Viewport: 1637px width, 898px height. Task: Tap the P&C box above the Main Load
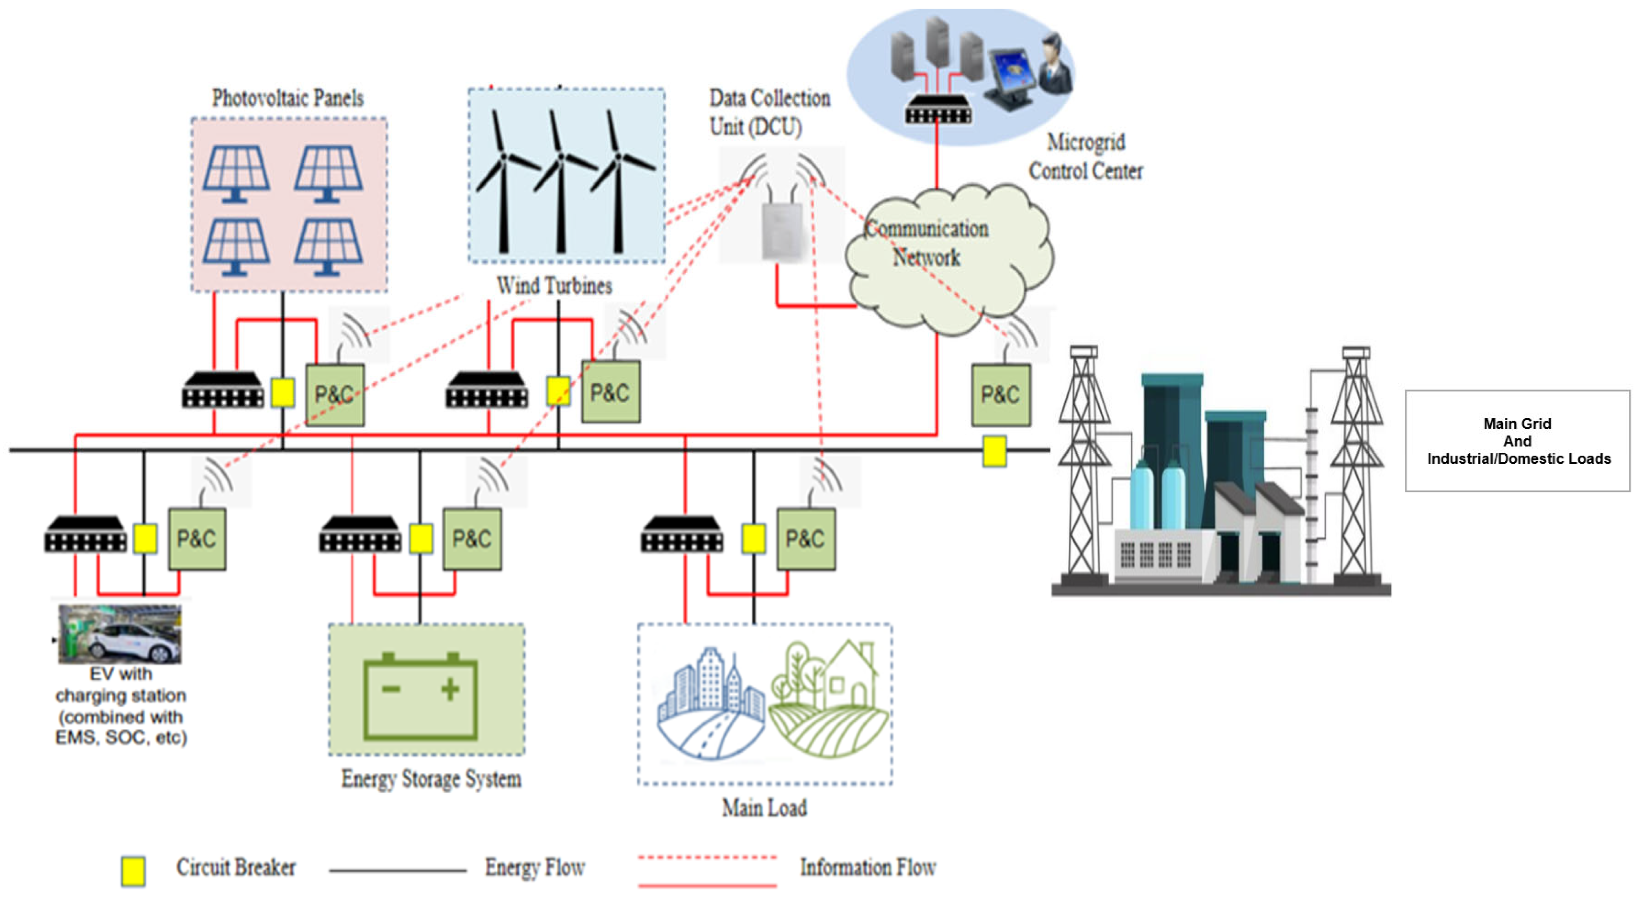[x=806, y=539]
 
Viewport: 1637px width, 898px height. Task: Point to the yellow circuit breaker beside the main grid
[x=995, y=451]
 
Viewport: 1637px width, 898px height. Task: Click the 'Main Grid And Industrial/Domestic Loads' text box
[x=1517, y=441]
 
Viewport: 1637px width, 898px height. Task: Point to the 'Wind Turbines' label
[x=554, y=286]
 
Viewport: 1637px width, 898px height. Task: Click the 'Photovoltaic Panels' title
[x=288, y=98]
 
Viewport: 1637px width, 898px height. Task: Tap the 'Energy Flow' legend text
[x=535, y=867]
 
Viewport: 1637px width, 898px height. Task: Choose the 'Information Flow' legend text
[x=868, y=867]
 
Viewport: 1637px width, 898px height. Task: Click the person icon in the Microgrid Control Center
[x=1056, y=64]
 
